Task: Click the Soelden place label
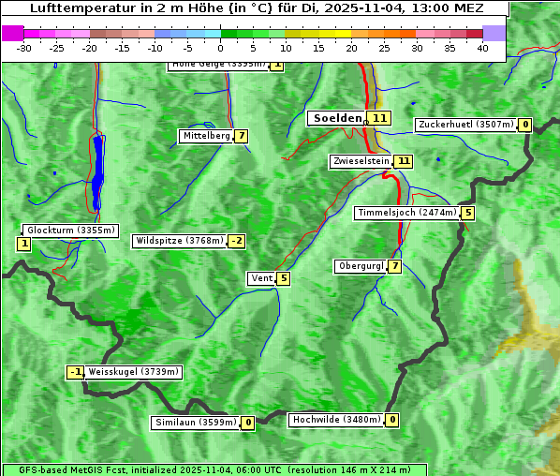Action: point(336,118)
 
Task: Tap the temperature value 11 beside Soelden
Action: point(379,118)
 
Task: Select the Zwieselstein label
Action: point(361,161)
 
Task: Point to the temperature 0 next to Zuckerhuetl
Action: point(525,125)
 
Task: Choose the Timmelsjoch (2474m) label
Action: point(407,213)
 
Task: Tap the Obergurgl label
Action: point(361,266)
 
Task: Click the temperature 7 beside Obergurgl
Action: point(395,266)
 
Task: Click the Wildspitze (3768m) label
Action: point(180,241)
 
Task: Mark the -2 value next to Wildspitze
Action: point(237,241)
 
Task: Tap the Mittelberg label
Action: point(206,136)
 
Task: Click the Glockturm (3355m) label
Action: point(71,230)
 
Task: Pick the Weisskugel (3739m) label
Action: point(133,372)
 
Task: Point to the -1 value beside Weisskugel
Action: point(76,372)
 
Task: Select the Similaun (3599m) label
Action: point(196,423)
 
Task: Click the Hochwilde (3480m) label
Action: point(336,420)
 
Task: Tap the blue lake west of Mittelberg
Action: point(98,173)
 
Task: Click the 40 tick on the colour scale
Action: point(482,48)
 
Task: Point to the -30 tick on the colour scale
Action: point(24,48)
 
